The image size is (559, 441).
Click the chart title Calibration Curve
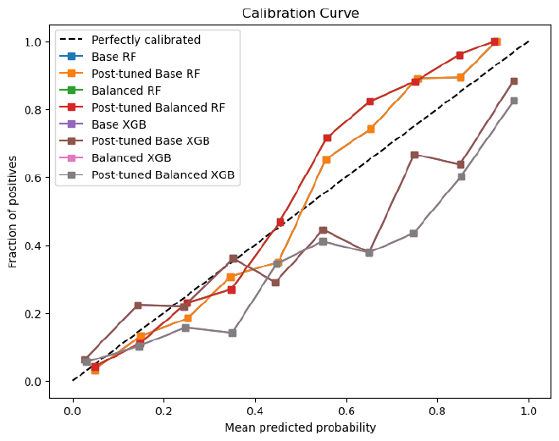[x=301, y=13]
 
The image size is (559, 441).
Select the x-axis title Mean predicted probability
[x=301, y=427]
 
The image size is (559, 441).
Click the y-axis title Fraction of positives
[x=13, y=212]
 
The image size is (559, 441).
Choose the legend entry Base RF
[x=115, y=58]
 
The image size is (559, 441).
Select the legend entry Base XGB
[x=119, y=124]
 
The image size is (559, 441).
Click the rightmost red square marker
[x=495, y=41]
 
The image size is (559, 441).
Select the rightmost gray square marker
[x=514, y=101]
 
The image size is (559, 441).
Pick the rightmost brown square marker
[x=514, y=81]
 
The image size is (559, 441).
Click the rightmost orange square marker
[x=497, y=41]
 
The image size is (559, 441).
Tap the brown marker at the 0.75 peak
[x=415, y=155]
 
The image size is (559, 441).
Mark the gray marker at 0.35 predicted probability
[x=232, y=333]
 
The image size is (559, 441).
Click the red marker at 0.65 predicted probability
[x=370, y=102]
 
